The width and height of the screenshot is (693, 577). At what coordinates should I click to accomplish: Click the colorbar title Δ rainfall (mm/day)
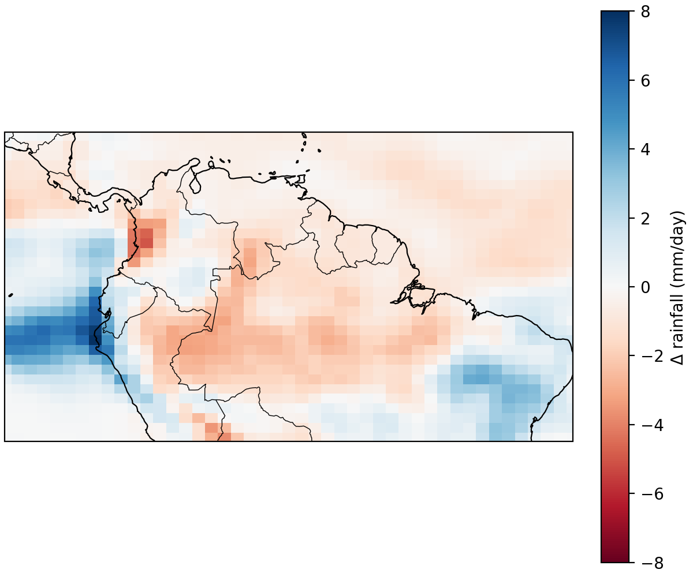tap(679, 287)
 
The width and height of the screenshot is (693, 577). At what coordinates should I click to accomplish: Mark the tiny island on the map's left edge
tap(11, 295)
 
